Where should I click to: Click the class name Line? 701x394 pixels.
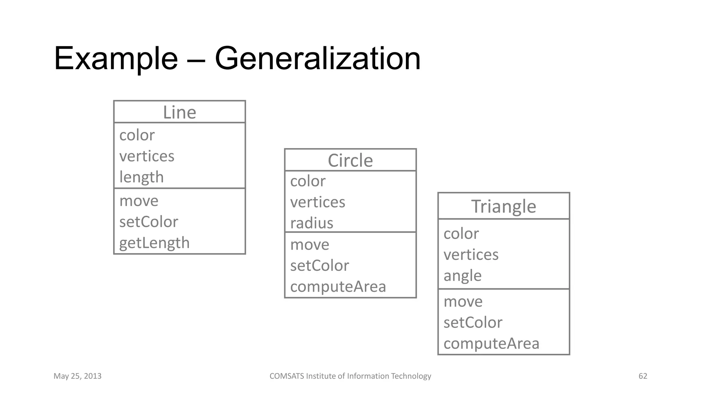tap(179, 113)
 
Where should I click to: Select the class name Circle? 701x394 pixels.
tap(350, 160)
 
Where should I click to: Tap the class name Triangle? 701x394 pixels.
tap(504, 207)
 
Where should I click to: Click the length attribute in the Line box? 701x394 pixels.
tap(141, 177)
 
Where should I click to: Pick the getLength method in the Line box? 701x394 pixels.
tap(154, 243)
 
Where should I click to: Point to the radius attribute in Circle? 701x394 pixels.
tap(311, 223)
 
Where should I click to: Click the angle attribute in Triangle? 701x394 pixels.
tap(462, 276)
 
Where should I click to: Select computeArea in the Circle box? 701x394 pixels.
tap(338, 287)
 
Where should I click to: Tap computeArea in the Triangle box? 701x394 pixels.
tap(491, 343)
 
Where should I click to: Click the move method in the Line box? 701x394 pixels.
tap(139, 201)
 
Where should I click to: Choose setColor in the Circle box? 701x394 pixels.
tap(319, 266)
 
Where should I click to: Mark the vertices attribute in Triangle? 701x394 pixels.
tap(471, 255)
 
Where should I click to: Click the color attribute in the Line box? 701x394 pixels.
tap(137, 135)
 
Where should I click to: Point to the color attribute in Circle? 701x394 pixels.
tap(308, 181)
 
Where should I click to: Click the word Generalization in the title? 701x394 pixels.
tap(317, 59)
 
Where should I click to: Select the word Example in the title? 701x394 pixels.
tap(116, 59)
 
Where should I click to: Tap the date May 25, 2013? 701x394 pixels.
tap(77, 376)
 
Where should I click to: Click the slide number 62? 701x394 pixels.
tap(643, 376)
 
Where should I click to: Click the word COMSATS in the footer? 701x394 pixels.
tap(286, 376)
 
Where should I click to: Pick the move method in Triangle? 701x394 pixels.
tap(463, 302)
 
